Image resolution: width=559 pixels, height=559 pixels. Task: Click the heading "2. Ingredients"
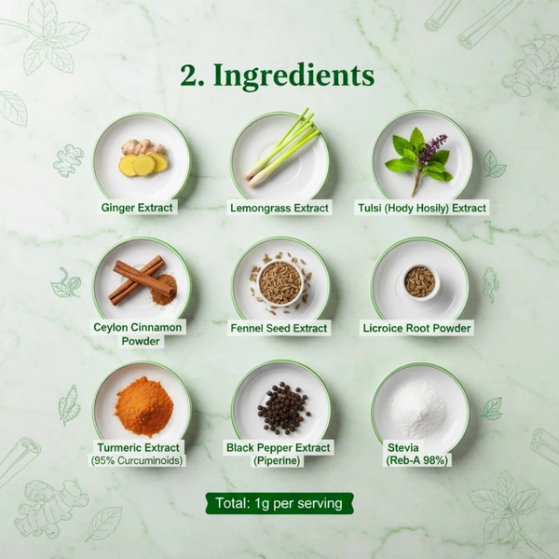point(278,75)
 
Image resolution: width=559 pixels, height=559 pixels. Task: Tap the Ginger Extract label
point(137,207)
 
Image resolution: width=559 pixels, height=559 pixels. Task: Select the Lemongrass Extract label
point(279,207)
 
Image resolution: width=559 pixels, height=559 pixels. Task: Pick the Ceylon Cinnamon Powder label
point(139,334)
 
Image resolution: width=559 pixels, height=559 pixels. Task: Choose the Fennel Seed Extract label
point(279,328)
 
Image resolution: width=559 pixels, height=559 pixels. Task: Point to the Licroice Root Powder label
point(417,328)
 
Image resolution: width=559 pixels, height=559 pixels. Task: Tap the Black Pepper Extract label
point(279,454)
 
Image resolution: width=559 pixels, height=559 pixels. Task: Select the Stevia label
point(417,454)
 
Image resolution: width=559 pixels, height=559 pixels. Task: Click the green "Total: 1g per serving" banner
point(279,504)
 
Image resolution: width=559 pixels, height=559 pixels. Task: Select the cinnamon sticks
point(137,279)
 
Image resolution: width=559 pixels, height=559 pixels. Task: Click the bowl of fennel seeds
point(279,281)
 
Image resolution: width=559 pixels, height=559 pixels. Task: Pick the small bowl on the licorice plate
point(420,280)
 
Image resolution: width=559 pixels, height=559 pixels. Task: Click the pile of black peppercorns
point(283,407)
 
